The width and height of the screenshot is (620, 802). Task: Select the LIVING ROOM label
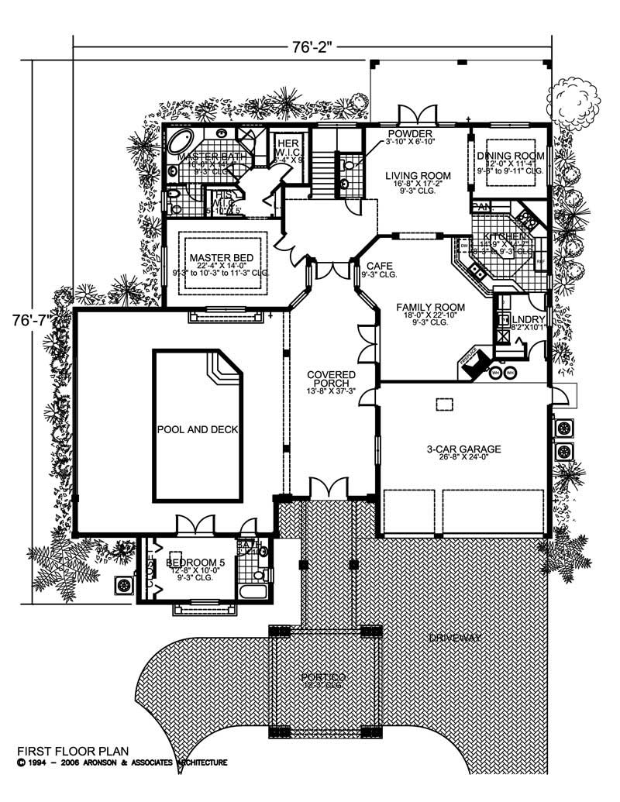418,176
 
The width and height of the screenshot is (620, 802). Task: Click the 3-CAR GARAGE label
464,449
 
